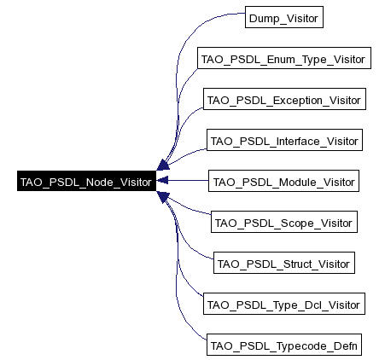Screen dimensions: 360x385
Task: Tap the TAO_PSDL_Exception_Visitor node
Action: [284, 100]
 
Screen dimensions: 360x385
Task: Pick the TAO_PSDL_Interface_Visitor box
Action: [285, 140]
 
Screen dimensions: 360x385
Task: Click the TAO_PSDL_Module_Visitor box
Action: [283, 181]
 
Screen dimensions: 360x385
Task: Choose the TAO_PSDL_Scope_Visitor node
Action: [283, 222]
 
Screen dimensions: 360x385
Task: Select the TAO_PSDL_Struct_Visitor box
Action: [283, 263]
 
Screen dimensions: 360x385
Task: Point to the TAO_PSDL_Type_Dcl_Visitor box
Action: [284, 304]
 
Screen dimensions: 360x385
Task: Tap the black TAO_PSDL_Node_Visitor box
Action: [85, 182]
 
